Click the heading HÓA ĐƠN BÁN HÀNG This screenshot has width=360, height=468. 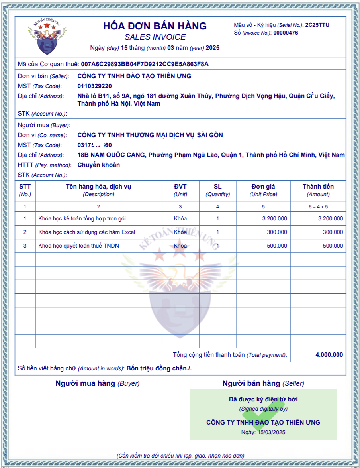coord(155,26)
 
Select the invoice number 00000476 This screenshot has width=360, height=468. coord(286,33)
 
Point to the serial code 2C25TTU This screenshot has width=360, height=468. coord(317,25)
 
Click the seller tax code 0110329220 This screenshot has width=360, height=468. coord(94,86)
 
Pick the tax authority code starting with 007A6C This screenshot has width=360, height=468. coord(145,64)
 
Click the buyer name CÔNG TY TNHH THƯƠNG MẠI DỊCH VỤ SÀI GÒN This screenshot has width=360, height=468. coord(150,135)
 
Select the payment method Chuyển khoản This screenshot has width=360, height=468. coord(98,165)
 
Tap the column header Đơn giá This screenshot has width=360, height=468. coord(263,187)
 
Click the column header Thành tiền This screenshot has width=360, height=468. coord(318,187)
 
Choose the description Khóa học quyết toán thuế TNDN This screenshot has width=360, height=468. coord(79,246)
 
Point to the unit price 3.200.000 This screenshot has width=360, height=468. coord(274,218)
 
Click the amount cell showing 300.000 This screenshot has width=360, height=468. coord(333,232)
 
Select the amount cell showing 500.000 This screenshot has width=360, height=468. coord(333,246)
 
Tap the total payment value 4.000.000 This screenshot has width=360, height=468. coord(329,355)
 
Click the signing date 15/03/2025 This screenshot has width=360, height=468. coord(271,432)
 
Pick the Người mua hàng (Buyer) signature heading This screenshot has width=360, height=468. coord(98,383)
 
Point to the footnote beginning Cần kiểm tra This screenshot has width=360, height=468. coord(180,456)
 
